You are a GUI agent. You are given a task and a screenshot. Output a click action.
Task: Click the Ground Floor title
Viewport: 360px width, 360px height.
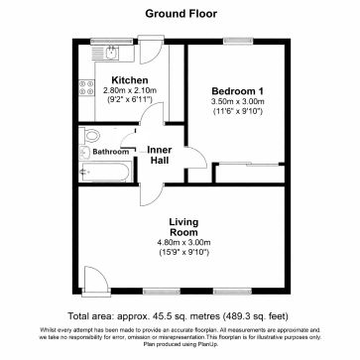point(180,15)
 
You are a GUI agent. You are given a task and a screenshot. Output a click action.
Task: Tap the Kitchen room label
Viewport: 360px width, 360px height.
point(129,79)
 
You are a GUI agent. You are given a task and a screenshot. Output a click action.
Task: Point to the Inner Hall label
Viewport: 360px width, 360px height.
point(162,157)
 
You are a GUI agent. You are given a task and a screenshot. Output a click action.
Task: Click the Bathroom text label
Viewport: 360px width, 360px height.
point(111,152)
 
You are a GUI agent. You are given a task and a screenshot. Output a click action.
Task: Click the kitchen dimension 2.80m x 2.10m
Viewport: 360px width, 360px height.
point(129,90)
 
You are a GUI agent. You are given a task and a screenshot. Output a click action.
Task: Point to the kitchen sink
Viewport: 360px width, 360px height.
point(98,50)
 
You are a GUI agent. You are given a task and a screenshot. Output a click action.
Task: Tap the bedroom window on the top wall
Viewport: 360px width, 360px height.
point(238,41)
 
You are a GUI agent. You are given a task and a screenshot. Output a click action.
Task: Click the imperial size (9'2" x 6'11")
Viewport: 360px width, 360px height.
point(129,101)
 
